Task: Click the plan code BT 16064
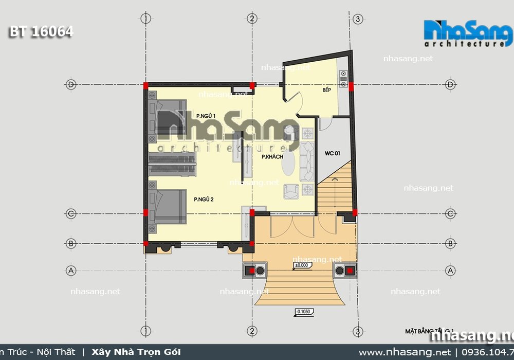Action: (41, 32)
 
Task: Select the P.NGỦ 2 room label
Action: (204, 199)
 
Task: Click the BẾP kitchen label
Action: (326, 91)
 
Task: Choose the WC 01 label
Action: (333, 153)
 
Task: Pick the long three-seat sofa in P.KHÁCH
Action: (308, 159)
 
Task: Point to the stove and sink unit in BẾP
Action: (343, 80)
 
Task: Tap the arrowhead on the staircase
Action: (335, 178)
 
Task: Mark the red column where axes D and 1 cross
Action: (145, 85)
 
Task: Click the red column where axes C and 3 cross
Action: (355, 212)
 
